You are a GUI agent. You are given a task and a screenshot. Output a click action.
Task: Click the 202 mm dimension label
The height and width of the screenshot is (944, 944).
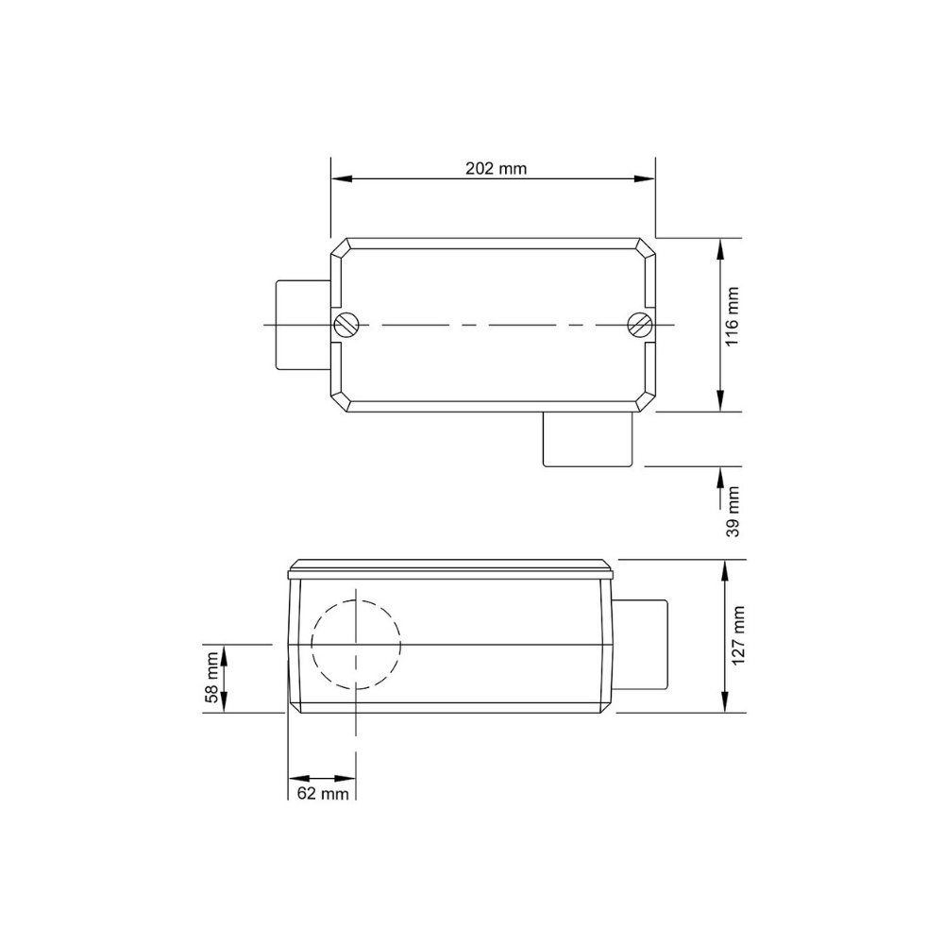click(x=496, y=169)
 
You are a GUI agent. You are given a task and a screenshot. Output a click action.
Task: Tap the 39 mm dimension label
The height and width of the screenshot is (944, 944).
click(x=733, y=513)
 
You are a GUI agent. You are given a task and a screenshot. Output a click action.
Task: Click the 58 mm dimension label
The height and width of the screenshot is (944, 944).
click(x=212, y=678)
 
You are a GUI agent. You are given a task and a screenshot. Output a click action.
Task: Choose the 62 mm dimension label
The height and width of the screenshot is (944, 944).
click(x=322, y=793)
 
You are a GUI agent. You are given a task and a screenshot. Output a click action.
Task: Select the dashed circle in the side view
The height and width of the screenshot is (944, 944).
click(x=356, y=644)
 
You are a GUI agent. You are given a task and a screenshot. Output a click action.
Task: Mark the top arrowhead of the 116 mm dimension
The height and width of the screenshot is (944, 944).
click(x=721, y=246)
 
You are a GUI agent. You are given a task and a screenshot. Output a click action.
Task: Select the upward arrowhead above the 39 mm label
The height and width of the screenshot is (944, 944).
click(x=721, y=472)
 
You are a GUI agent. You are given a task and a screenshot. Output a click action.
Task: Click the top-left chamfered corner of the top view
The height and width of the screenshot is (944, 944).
click(x=341, y=248)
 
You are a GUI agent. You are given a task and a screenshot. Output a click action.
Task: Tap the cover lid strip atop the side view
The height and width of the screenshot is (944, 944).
click(x=450, y=568)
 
